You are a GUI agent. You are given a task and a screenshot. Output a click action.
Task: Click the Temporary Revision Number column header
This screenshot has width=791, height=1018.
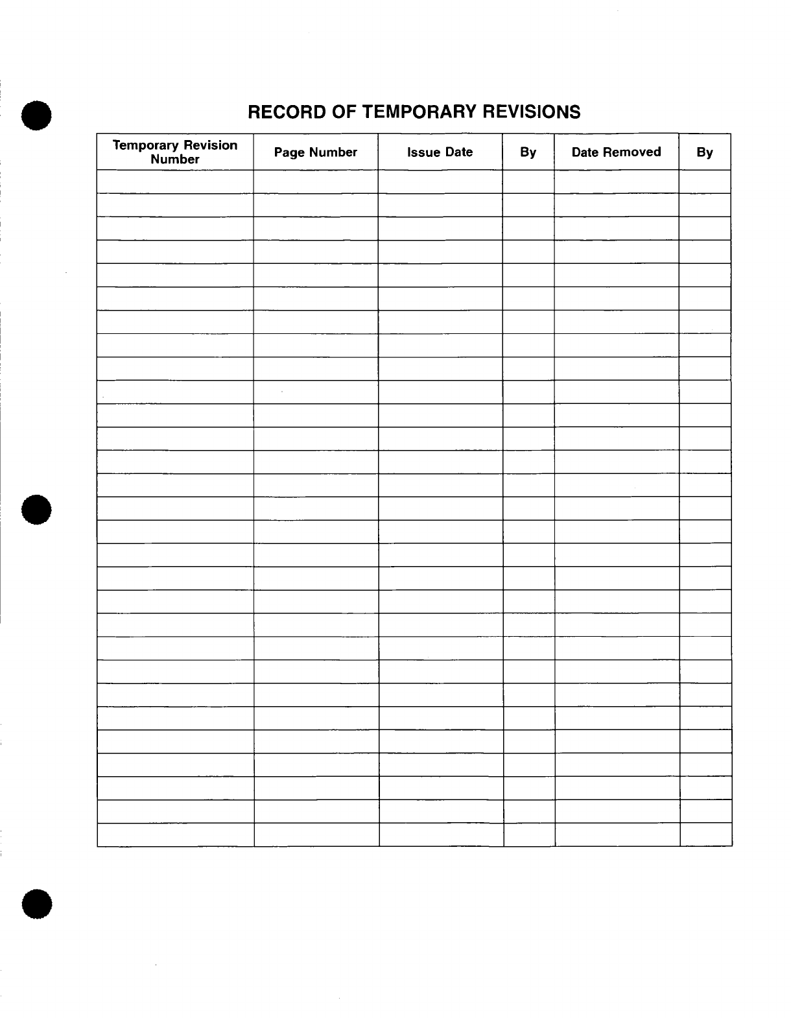[x=175, y=152]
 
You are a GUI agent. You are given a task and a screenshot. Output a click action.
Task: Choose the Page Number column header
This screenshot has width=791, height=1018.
[x=316, y=152]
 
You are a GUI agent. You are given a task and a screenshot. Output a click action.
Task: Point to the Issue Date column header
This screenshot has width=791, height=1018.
[x=440, y=152]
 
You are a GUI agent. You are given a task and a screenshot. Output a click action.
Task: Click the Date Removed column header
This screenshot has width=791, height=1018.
[x=616, y=152]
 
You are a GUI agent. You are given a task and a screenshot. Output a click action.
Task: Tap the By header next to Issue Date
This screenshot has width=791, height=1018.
[x=528, y=152]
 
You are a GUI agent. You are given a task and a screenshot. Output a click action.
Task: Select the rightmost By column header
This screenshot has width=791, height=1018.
[x=705, y=152]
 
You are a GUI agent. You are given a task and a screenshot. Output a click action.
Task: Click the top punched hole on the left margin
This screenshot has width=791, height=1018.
[x=36, y=116]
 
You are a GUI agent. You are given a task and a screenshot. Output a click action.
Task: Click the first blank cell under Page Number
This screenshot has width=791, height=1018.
[x=316, y=182]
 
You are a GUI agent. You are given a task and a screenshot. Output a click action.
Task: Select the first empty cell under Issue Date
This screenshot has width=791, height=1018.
[x=440, y=182]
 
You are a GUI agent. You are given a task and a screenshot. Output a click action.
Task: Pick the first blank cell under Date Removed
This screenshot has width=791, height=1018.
[x=616, y=182]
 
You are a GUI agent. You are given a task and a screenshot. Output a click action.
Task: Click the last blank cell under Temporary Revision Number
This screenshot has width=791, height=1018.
[x=176, y=835]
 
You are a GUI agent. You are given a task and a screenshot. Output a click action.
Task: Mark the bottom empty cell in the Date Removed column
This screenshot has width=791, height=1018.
[x=617, y=835]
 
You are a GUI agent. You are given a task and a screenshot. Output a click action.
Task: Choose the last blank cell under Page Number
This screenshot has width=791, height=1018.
[x=316, y=835]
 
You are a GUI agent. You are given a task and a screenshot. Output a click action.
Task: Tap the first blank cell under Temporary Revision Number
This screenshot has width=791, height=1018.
[x=175, y=182]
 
